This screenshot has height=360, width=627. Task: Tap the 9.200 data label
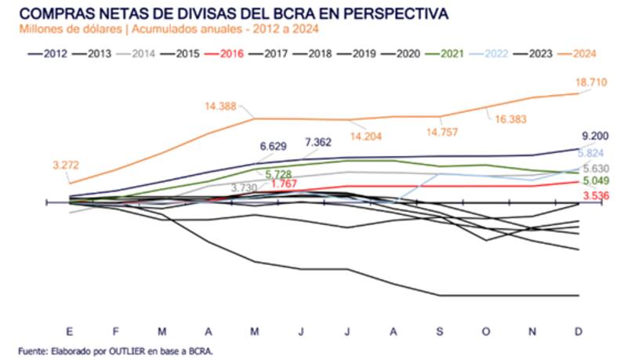[593, 135]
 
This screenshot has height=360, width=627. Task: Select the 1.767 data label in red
[284, 184]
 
